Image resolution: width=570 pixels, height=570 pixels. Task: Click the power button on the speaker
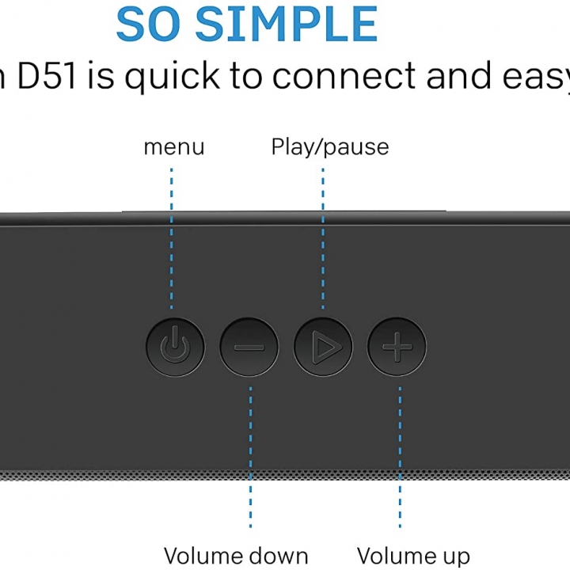(x=175, y=347)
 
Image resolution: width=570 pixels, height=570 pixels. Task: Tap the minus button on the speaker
(x=249, y=347)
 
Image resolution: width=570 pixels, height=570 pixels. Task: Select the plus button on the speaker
(x=397, y=347)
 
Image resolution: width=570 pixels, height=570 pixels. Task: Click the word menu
(x=173, y=147)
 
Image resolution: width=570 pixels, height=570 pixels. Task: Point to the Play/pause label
(x=329, y=147)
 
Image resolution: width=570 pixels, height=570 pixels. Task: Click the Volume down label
(x=235, y=556)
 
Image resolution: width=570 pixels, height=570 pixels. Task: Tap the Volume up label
(x=412, y=556)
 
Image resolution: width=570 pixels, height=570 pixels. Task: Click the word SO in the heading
(x=150, y=25)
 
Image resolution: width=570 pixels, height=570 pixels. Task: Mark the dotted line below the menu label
(x=172, y=237)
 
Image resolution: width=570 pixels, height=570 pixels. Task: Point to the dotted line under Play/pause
(x=322, y=237)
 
